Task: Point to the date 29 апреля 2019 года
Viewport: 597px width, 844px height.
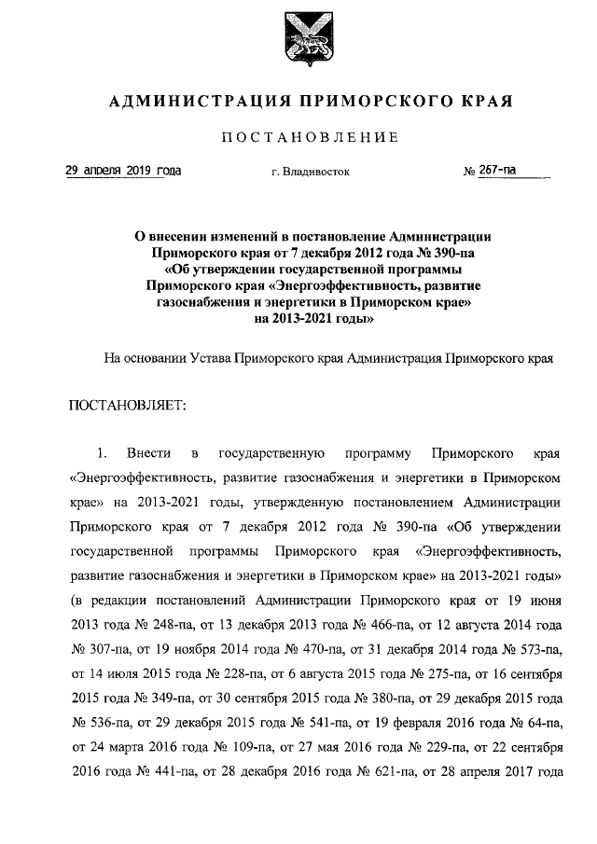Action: pos(123,172)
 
